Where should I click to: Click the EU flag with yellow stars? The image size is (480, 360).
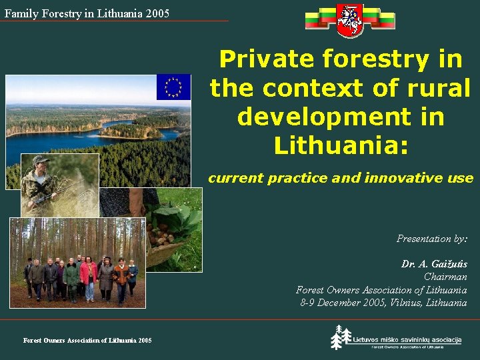click(173, 87)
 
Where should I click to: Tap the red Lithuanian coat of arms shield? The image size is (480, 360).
click(350, 21)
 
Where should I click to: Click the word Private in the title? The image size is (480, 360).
click(267, 59)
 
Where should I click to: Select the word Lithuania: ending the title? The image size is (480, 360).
click(340, 145)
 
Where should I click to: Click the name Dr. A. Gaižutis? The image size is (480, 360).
click(434, 264)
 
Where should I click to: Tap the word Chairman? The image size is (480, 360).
click(445, 277)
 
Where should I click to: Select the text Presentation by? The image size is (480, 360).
click(432, 239)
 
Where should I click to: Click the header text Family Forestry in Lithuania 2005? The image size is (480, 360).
click(87, 13)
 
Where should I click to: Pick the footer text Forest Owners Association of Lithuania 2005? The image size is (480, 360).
click(87, 341)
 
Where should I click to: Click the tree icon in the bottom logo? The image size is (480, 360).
click(341, 337)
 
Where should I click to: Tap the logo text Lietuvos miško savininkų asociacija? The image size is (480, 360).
click(407, 339)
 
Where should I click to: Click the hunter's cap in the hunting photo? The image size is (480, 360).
click(41, 160)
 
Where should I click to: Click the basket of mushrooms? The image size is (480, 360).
click(162, 241)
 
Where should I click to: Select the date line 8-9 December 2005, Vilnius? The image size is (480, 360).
click(383, 303)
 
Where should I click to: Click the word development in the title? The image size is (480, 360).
click(340, 116)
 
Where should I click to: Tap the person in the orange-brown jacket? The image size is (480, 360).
click(121, 275)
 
